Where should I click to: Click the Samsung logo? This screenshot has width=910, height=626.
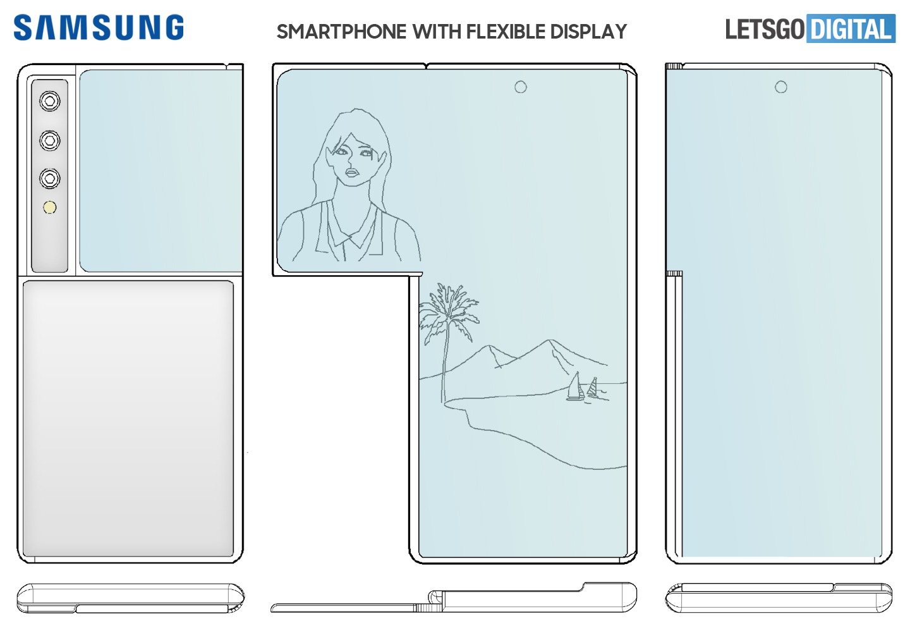pyautogui.click(x=99, y=28)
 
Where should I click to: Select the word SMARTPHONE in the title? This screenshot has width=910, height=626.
pyautogui.click(x=341, y=32)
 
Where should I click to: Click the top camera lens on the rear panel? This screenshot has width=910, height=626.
pyautogui.click(x=50, y=101)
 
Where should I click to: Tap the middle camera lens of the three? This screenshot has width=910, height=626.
pyautogui.click(x=50, y=140)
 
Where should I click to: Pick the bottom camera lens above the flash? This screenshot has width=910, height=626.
pyautogui.click(x=50, y=178)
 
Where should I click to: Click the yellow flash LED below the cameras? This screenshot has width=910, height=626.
pyautogui.click(x=50, y=207)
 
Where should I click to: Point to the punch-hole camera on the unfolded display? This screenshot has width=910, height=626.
pyautogui.click(x=520, y=87)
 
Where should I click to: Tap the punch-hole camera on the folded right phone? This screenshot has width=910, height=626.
pyautogui.click(x=781, y=87)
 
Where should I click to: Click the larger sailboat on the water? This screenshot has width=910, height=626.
pyautogui.click(x=575, y=388)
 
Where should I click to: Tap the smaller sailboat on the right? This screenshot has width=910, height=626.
pyautogui.click(x=593, y=388)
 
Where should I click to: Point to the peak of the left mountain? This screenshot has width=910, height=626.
pyautogui.click(x=488, y=347)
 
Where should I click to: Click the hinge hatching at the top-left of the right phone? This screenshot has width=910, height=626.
pyautogui.click(x=674, y=66)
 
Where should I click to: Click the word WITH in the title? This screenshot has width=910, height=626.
pyautogui.click(x=437, y=32)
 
